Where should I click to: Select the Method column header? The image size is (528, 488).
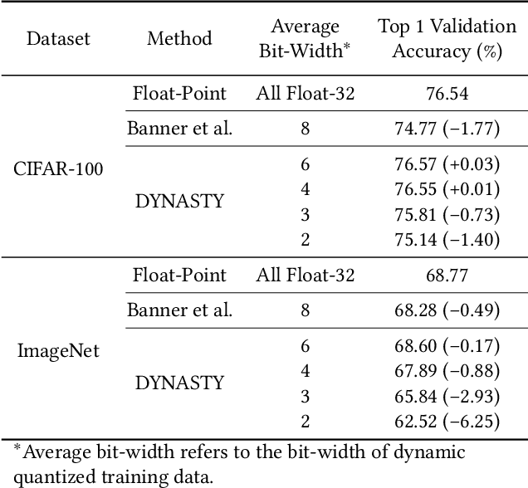click(179, 38)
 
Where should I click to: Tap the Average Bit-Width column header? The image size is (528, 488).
click(305, 38)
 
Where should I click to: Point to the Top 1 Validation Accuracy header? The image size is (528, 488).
click(447, 38)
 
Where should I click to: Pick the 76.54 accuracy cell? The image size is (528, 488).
click(447, 93)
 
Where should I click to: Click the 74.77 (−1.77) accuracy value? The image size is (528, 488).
click(447, 128)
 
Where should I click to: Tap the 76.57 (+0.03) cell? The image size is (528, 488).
click(447, 163)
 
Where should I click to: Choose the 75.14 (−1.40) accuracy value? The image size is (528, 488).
click(447, 240)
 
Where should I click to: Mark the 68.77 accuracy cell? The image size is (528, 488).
click(447, 275)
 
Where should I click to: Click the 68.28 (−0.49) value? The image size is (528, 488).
click(447, 310)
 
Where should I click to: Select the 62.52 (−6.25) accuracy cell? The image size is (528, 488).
click(447, 422)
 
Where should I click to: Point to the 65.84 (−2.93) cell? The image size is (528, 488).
click(447, 396)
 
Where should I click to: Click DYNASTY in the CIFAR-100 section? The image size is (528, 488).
click(179, 202)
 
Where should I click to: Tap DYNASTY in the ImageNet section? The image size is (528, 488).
click(179, 383)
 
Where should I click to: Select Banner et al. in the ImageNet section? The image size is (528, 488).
click(179, 310)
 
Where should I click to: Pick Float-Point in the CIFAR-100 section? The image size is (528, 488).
click(179, 93)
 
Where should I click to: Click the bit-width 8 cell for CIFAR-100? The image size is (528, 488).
click(305, 128)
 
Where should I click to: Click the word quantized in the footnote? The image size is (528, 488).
click(54, 475)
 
